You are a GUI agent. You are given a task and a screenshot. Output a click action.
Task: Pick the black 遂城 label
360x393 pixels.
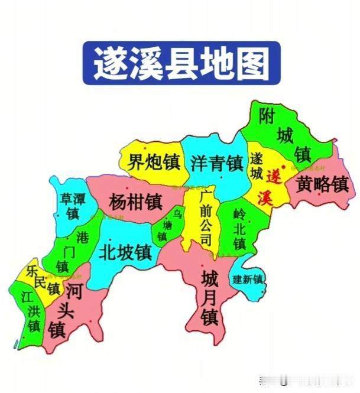coord(256,167)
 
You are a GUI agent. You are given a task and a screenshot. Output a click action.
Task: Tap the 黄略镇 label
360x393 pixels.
coord(323,184)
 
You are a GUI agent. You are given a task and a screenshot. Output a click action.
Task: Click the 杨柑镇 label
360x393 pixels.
coord(135,202)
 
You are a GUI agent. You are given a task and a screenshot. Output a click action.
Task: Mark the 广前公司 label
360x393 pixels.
coord(205,217)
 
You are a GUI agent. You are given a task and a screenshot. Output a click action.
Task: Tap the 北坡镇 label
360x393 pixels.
coord(125,252)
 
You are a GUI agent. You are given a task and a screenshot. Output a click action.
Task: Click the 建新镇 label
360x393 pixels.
coord(248,279)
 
